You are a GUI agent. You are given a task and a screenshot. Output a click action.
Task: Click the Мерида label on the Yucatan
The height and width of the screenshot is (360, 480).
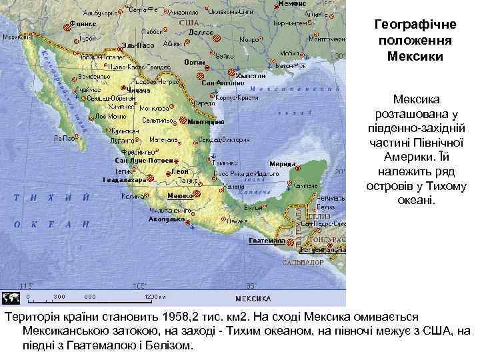[x=283, y=163]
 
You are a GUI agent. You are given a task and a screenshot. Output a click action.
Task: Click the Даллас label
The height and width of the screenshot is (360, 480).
[x=200, y=31]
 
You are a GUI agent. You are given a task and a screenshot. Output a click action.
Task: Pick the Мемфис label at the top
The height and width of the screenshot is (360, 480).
[x=293, y=4]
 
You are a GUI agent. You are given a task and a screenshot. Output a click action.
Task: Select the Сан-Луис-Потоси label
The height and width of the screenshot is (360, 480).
[x=145, y=161]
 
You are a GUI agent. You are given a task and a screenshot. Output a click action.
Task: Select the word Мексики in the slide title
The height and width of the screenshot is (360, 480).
[x=414, y=55]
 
